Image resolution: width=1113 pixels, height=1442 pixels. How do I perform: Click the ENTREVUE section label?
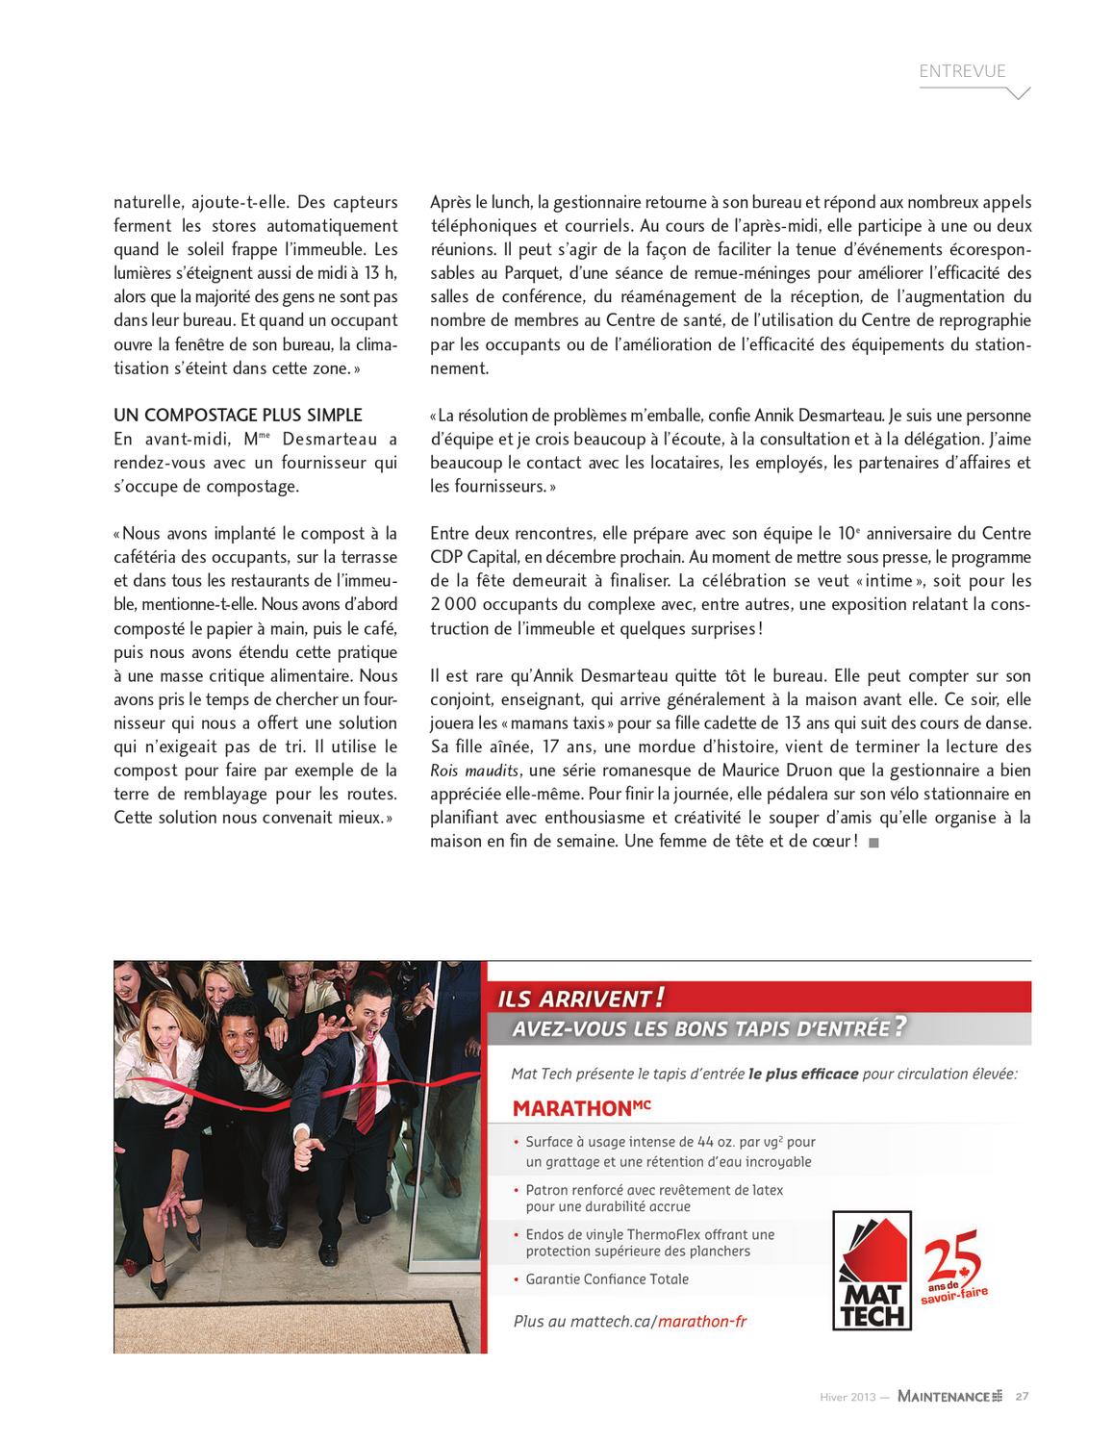pos(962,71)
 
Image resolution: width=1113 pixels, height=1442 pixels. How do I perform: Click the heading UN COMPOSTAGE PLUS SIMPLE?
pos(238,416)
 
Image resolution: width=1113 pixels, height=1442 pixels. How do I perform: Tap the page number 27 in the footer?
pos(1023,1396)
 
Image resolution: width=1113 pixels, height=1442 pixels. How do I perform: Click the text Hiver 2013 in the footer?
pos(847,1396)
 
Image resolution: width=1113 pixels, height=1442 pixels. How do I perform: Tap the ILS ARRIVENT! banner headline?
pos(582,998)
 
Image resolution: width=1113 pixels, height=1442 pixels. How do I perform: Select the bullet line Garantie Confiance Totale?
pos(606,1278)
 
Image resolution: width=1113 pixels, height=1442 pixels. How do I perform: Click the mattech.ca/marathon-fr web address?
pos(629,1321)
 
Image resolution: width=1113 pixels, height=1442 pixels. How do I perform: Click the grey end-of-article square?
pos(873,843)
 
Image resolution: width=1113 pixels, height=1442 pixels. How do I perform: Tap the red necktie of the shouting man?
pos(365,1086)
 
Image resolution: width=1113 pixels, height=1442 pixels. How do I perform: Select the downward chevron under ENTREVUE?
pos(1018,93)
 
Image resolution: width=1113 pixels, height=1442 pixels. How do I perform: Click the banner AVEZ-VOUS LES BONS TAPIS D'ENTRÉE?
pos(708,1028)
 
